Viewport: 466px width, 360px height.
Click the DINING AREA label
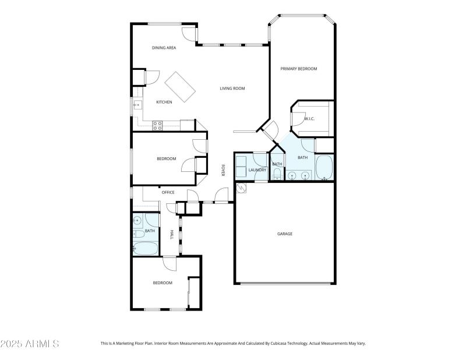(x=164, y=48)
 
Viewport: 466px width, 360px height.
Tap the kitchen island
(x=180, y=87)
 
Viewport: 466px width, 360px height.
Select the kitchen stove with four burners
(x=157, y=123)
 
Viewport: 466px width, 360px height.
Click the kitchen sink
(x=137, y=105)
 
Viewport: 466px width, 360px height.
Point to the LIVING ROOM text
(x=232, y=89)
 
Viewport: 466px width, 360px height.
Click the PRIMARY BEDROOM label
(x=299, y=69)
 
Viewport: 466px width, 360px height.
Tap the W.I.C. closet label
(x=309, y=119)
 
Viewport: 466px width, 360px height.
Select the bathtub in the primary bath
(x=324, y=168)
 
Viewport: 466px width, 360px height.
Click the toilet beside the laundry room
(x=277, y=174)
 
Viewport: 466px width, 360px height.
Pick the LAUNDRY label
(x=257, y=170)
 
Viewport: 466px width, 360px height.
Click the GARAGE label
(x=284, y=234)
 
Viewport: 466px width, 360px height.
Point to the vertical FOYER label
(x=223, y=170)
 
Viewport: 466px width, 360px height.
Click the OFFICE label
(x=168, y=192)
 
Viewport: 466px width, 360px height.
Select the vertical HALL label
(x=171, y=234)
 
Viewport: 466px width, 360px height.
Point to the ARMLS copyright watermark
(x=30, y=344)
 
